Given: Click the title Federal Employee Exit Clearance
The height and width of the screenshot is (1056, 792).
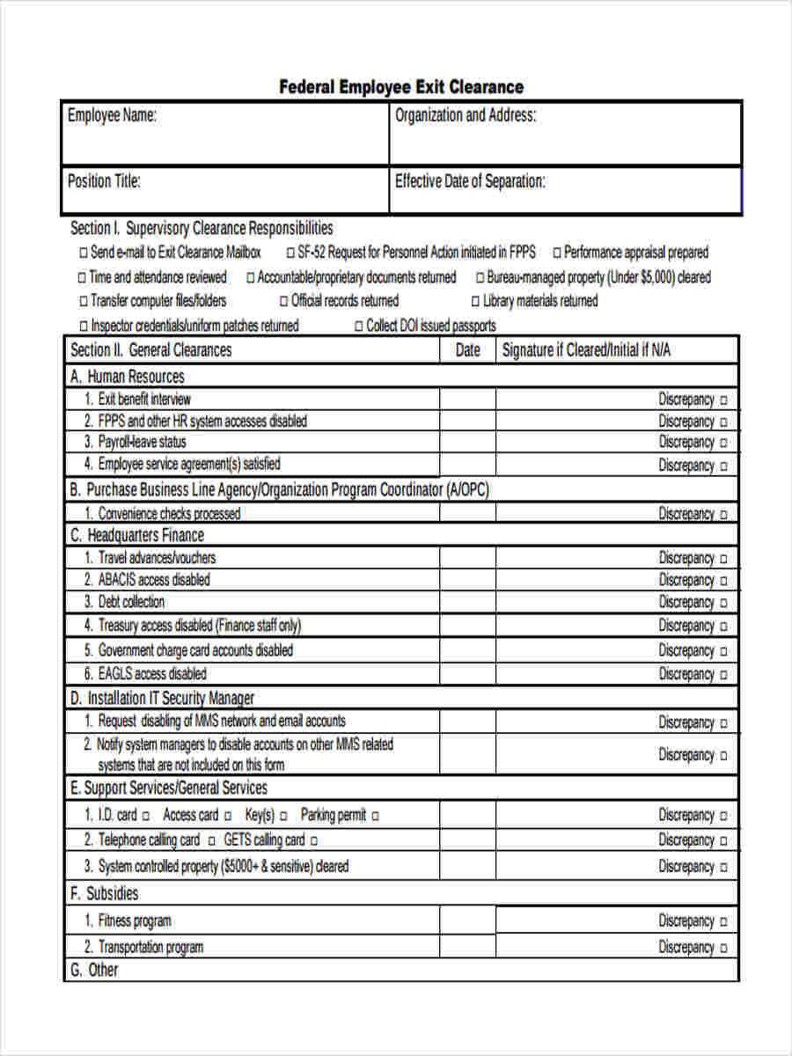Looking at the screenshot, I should [x=401, y=86].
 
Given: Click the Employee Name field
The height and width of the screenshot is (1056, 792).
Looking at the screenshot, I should [x=225, y=134].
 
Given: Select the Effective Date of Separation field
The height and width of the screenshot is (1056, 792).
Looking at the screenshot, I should [x=565, y=190].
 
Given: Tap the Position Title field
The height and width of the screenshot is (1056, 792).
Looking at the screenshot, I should [x=225, y=190].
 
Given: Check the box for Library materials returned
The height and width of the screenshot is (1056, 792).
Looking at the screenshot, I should [x=475, y=302].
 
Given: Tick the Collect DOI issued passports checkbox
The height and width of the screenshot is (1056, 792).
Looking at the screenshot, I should [x=359, y=326].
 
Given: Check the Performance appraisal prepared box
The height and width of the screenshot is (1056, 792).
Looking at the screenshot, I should [x=556, y=253].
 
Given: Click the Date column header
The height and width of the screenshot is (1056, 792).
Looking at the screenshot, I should [x=467, y=350].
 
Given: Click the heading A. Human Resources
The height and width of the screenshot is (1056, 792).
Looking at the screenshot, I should [x=128, y=377].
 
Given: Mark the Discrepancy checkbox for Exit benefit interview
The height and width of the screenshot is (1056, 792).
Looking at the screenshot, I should [x=724, y=400].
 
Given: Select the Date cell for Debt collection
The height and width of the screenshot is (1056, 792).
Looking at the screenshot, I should [x=467, y=602].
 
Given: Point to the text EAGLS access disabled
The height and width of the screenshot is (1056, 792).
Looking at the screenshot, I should [x=152, y=674].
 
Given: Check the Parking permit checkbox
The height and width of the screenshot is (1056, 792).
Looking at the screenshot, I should [x=375, y=817].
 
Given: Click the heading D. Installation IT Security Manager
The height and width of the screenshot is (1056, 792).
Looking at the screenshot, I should [x=163, y=698].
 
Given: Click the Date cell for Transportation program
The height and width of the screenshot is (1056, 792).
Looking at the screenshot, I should [x=467, y=947].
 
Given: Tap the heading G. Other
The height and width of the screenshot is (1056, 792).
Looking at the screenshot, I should [x=93, y=970].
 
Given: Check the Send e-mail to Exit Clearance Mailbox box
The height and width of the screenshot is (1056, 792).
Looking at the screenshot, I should [x=84, y=253].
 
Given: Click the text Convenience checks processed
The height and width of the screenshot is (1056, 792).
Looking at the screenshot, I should [x=169, y=514].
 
